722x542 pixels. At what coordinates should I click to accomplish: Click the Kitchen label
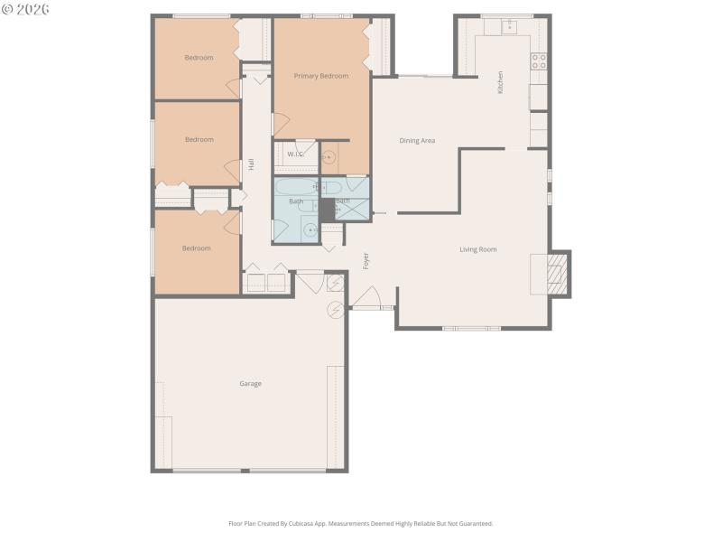click(x=501, y=82)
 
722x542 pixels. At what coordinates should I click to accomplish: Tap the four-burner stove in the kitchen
click(x=539, y=61)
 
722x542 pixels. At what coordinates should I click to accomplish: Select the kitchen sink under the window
click(x=508, y=25)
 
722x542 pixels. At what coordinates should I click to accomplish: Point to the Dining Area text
click(x=417, y=141)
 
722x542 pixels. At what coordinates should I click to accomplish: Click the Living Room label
click(x=478, y=249)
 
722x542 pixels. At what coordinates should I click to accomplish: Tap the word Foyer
click(x=366, y=261)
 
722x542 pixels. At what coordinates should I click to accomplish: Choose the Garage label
click(x=250, y=384)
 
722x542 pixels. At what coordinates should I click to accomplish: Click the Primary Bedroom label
click(x=321, y=76)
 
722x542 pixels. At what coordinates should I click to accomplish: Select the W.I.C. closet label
click(x=295, y=154)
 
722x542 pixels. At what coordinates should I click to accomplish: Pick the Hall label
click(x=251, y=164)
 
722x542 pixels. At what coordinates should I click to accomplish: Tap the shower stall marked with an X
click(x=354, y=209)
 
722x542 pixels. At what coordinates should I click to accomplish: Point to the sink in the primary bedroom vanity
click(x=329, y=159)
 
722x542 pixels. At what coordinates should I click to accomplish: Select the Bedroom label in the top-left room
click(x=199, y=58)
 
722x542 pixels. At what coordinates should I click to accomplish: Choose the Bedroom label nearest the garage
click(x=196, y=248)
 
